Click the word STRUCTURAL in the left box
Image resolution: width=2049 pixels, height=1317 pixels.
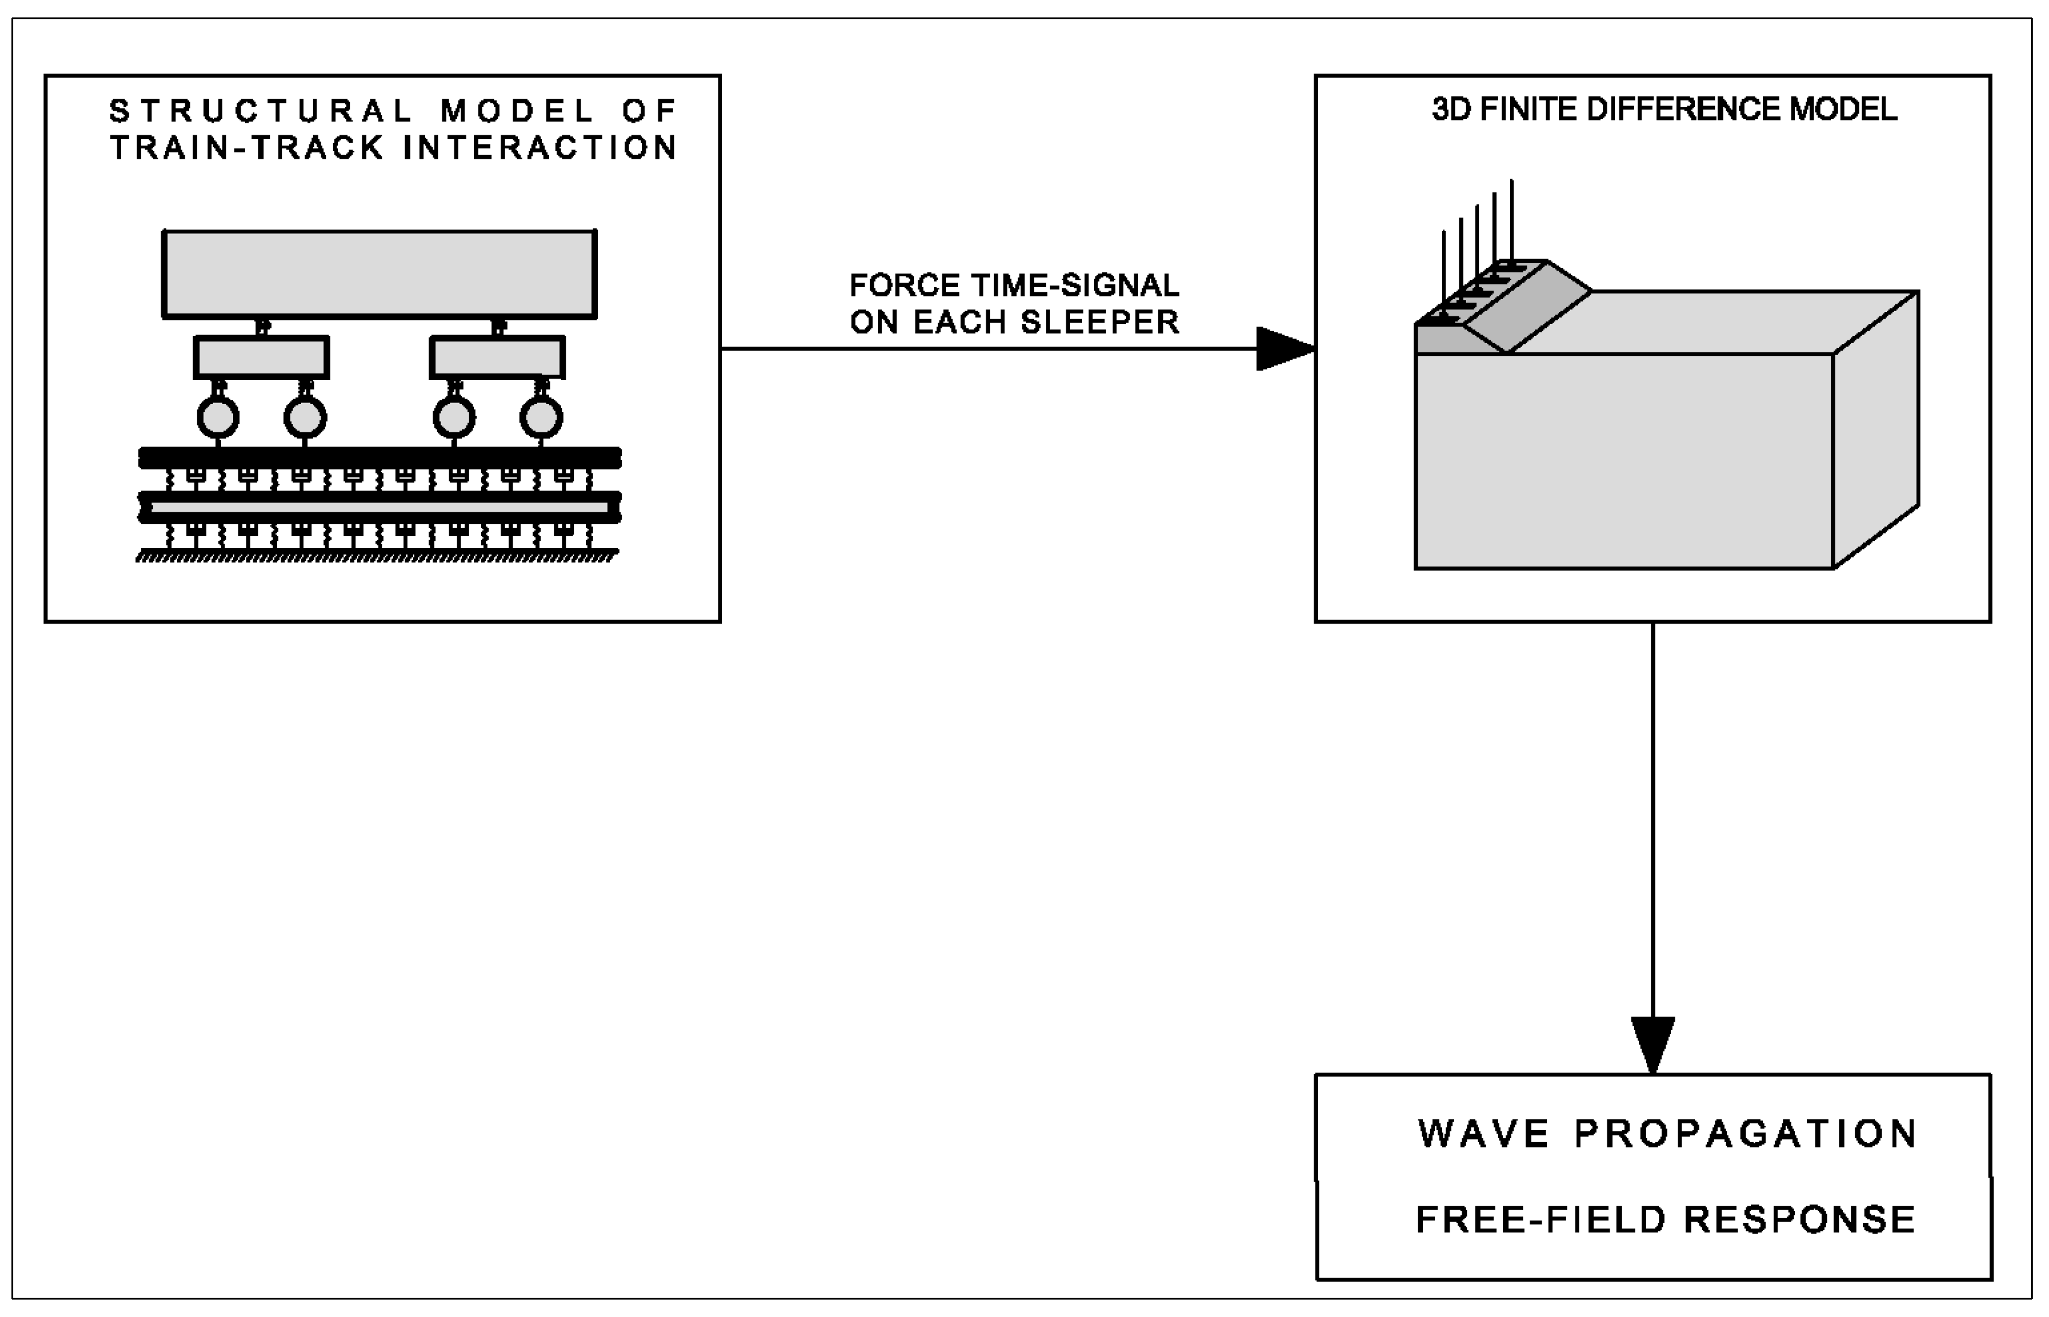pyautogui.click(x=261, y=111)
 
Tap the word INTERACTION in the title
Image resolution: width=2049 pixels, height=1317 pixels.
pyautogui.click(x=541, y=148)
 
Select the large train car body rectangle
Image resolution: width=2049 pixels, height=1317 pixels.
pyautogui.click(x=379, y=274)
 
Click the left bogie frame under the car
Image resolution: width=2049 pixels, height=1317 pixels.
pyautogui.click(x=261, y=357)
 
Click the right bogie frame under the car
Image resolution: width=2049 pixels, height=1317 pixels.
pyautogui.click(x=497, y=357)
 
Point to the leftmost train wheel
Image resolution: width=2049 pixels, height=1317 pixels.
pyautogui.click(x=218, y=417)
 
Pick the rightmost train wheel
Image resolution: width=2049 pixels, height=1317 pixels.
pyautogui.click(x=541, y=417)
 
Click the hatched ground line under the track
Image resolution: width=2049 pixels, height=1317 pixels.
pyautogui.click(x=377, y=557)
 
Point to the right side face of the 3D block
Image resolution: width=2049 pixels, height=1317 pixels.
pyautogui.click(x=1875, y=428)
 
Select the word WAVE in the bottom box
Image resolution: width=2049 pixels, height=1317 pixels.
pyautogui.click(x=1483, y=1134)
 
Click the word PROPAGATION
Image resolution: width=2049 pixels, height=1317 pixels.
pyautogui.click(x=1745, y=1134)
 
